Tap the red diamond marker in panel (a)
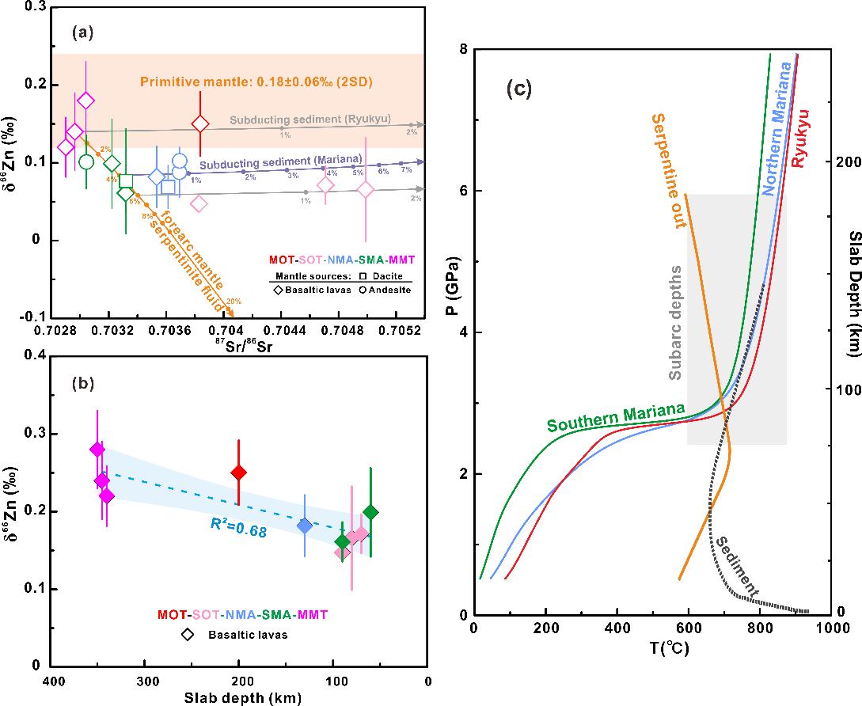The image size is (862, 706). (200, 123)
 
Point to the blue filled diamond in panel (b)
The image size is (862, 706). (305, 526)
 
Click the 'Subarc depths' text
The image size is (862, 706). (675, 325)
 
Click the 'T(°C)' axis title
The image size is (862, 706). (651, 650)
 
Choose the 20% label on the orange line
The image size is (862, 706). (234, 302)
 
